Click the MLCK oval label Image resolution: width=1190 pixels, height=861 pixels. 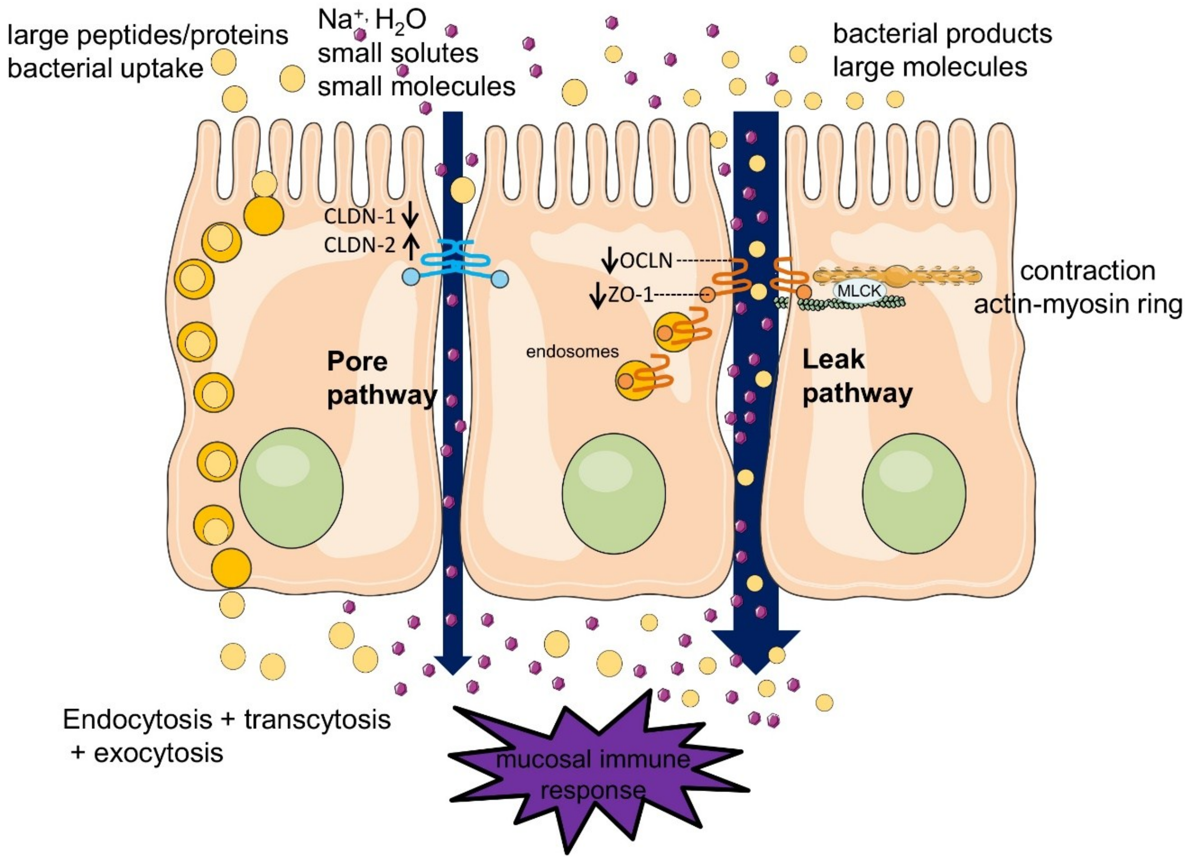[859, 290]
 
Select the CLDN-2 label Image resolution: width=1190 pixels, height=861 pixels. [359, 245]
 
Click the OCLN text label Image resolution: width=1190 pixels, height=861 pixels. [646, 261]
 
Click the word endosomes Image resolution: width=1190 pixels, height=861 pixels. [572, 351]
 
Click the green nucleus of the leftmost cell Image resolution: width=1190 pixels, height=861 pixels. [291, 488]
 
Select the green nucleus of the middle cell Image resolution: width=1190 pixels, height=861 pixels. [613, 493]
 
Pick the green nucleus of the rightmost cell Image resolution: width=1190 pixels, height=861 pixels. [913, 493]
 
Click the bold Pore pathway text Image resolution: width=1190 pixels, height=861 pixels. [381, 378]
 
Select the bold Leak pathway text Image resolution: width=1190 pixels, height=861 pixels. [857, 376]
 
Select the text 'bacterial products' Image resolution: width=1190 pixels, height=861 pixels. [942, 34]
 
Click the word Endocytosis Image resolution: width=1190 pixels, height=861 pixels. [138, 719]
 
